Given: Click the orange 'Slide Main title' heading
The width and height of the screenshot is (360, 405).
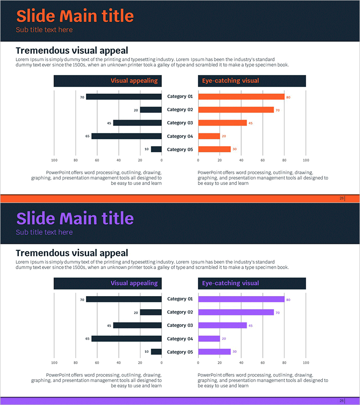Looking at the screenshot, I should pyautogui.click(x=75, y=16).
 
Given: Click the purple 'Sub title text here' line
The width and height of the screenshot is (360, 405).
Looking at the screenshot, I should pyautogui.click(x=44, y=232).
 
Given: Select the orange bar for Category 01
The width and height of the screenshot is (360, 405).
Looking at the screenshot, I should pyautogui.click(x=241, y=96).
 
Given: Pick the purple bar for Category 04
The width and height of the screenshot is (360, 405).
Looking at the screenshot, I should pyautogui.click(x=209, y=338).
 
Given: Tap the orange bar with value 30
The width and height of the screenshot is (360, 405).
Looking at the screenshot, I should pyautogui.click(x=214, y=149).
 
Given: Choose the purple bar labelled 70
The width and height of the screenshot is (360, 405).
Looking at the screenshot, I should pyautogui.click(x=236, y=312).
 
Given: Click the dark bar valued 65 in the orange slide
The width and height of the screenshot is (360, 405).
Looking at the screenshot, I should pyautogui.click(x=126, y=136).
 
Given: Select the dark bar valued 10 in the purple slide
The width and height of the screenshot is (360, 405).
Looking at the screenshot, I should pyautogui.click(x=156, y=352).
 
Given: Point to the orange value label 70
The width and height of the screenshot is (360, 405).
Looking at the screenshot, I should pyautogui.click(x=278, y=110).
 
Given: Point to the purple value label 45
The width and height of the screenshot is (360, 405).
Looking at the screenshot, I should pyautogui.click(x=251, y=326).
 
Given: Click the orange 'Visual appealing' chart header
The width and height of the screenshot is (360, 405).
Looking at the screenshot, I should pyautogui.click(x=134, y=81).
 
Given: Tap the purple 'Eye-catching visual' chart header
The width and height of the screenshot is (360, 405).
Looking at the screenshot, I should pyautogui.click(x=230, y=283).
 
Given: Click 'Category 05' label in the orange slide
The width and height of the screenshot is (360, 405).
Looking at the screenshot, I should pyautogui.click(x=180, y=149).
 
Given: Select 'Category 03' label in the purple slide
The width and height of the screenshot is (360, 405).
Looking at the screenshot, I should pyautogui.click(x=180, y=325).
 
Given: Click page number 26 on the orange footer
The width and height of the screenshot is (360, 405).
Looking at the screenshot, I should pyautogui.click(x=342, y=198).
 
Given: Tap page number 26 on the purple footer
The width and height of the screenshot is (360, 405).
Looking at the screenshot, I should pyautogui.click(x=342, y=401).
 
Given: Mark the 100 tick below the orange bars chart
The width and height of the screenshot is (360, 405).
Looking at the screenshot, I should pyautogui.click(x=306, y=160).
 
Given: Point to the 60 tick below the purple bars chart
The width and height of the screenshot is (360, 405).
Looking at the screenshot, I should pyautogui.click(x=262, y=363).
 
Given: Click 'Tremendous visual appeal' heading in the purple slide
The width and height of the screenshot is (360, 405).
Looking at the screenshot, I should pyautogui.click(x=72, y=253).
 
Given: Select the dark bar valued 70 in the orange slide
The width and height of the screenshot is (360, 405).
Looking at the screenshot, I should pyautogui.click(x=124, y=96).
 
